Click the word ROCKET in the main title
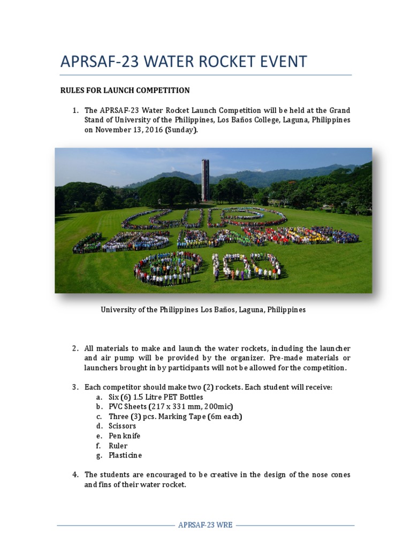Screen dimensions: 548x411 210,62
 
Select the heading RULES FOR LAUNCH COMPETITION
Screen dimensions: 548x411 125,90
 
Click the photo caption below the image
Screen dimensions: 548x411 203,310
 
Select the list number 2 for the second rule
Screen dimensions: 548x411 75,349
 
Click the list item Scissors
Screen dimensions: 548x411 122,426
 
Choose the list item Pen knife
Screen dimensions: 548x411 124,436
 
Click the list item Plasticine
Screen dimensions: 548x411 125,455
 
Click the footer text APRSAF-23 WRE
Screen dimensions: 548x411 205,525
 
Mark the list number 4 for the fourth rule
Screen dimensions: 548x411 75,475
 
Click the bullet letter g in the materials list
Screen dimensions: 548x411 98,455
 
